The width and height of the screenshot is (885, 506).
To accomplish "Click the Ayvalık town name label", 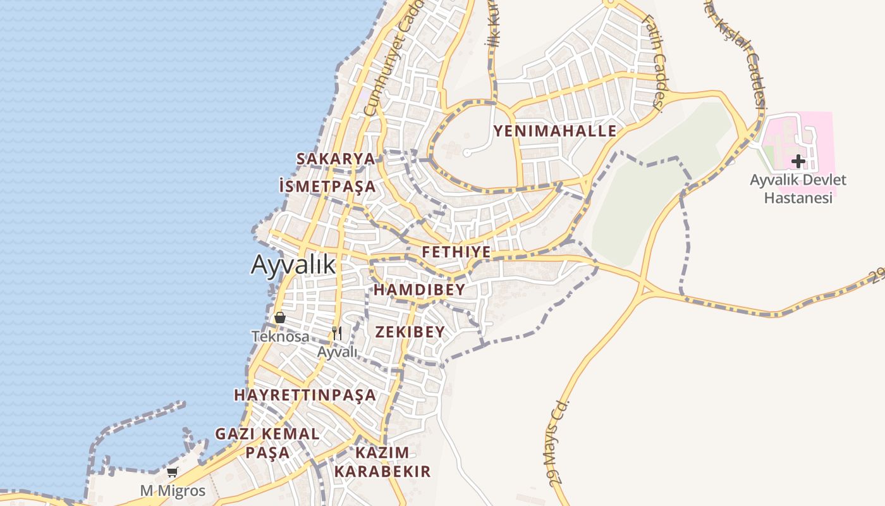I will (293, 264).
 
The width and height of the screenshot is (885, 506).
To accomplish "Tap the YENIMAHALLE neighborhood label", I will (554, 131).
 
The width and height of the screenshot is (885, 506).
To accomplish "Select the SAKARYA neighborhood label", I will (336, 159).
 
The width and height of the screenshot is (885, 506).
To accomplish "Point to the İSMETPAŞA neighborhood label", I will (327, 187).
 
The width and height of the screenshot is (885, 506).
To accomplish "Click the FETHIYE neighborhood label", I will (456, 252).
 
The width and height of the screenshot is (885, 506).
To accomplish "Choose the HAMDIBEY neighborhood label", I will (419, 290).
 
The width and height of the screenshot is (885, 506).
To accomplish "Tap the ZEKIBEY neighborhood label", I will (410, 332).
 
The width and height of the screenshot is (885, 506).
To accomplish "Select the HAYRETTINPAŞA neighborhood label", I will (305, 395).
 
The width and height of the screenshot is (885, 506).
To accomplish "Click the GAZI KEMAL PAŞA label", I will (267, 443).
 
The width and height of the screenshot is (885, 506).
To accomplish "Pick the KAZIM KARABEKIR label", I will (382, 462).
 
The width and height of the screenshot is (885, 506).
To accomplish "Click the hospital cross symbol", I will (798, 161).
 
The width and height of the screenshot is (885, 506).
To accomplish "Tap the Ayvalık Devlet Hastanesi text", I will (798, 188).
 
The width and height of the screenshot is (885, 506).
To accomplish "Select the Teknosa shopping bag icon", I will (280, 318).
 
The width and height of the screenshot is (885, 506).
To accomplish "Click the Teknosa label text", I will (280, 336).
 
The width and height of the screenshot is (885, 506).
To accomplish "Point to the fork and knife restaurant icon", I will (337, 333).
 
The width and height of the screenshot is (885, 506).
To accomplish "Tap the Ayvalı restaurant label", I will (337, 352).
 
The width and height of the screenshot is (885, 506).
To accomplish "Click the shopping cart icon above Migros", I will (172, 472).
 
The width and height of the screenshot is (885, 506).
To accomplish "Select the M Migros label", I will (173, 491).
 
